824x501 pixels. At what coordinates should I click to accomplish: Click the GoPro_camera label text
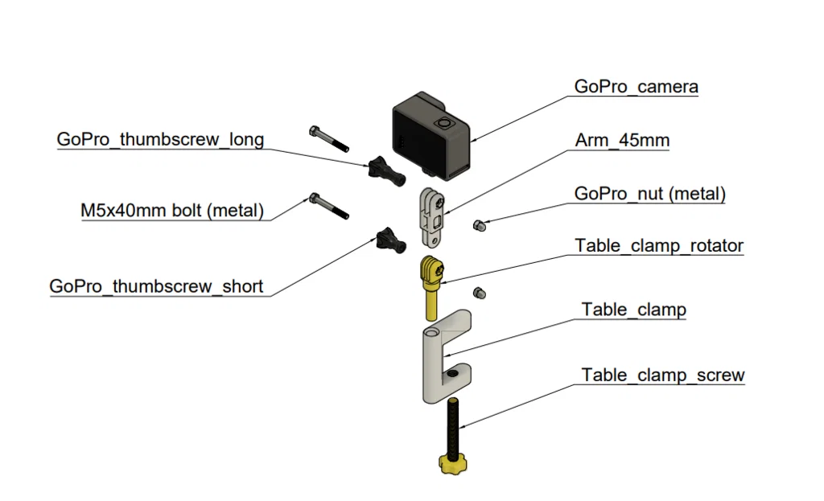(x=636, y=87)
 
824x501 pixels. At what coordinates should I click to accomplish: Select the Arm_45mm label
(x=622, y=141)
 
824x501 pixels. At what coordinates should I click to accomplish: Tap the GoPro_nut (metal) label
(x=649, y=194)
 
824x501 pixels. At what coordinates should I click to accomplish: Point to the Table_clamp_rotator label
(x=658, y=245)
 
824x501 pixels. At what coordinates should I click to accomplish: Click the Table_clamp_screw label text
(x=662, y=375)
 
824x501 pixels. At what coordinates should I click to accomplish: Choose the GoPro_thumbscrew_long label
(x=160, y=139)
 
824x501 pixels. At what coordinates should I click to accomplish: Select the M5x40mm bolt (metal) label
(x=172, y=211)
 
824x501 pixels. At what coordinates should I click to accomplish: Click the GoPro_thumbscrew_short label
(x=156, y=286)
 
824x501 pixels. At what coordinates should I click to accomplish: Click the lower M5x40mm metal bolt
(x=328, y=206)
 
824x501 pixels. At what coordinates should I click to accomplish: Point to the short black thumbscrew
(x=386, y=239)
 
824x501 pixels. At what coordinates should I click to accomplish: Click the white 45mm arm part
(x=431, y=217)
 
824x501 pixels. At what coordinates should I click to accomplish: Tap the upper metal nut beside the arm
(x=479, y=226)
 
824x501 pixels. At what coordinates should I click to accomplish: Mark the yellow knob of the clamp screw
(x=454, y=463)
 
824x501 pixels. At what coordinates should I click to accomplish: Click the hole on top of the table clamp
(x=433, y=331)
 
